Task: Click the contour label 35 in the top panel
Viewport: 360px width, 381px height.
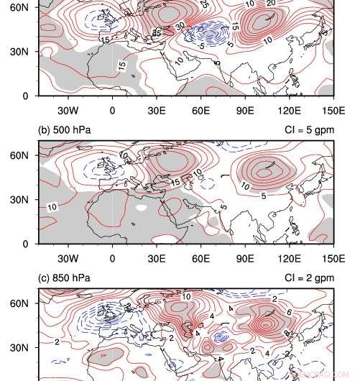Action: pos(157,31)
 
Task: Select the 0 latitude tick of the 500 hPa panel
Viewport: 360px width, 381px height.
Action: pos(26,244)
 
